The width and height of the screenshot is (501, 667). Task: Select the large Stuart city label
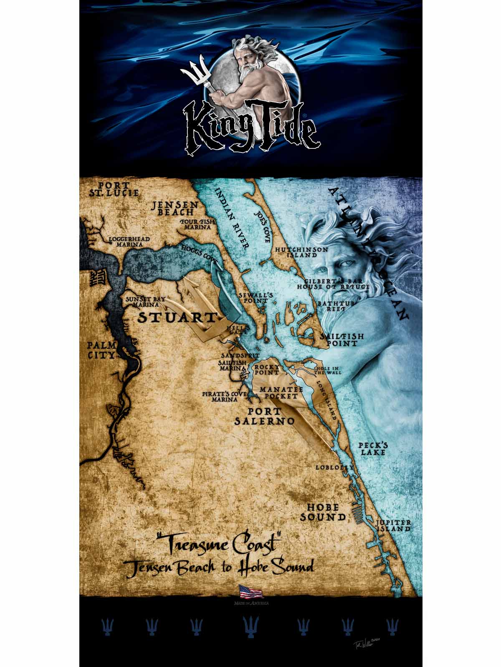[x=177, y=318]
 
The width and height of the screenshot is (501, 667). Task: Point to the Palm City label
[x=101, y=350]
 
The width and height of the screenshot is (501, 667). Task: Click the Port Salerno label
[x=264, y=416]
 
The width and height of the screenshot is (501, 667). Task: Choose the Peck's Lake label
[x=373, y=449]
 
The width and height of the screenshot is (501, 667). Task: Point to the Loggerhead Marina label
[x=129, y=242]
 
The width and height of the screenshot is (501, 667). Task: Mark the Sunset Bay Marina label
[x=140, y=302]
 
